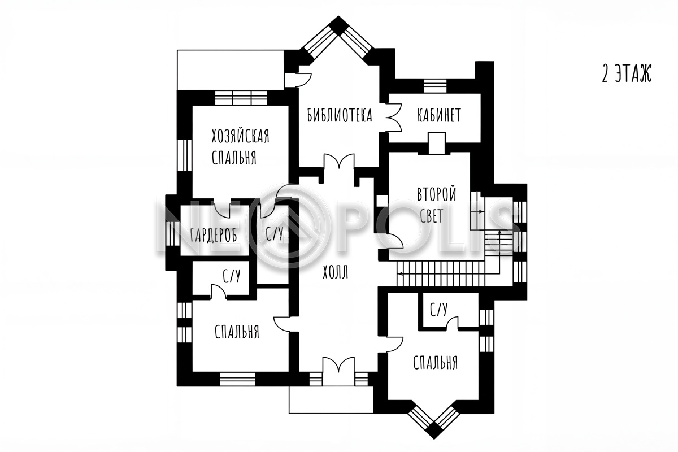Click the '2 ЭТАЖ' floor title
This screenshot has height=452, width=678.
click(627, 73)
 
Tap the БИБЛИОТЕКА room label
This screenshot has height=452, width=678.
click(340, 115)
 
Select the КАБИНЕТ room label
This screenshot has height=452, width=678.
click(439, 115)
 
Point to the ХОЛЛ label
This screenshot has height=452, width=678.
click(336, 272)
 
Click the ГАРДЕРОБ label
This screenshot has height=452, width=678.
click(214, 235)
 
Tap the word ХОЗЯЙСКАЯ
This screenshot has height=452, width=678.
click(240, 136)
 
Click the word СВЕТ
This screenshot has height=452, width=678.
click(431, 216)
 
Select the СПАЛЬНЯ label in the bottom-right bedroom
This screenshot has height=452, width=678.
click(435, 362)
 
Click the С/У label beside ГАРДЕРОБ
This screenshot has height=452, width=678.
click(274, 233)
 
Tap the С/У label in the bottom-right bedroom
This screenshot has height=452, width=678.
click(438, 310)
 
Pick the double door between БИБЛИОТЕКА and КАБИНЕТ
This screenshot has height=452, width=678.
click(393, 118)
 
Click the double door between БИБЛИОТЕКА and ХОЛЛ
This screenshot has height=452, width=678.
click(339, 161)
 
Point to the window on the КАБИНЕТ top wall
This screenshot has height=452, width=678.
click(435, 86)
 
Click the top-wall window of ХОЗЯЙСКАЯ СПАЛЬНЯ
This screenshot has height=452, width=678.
click(241, 97)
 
